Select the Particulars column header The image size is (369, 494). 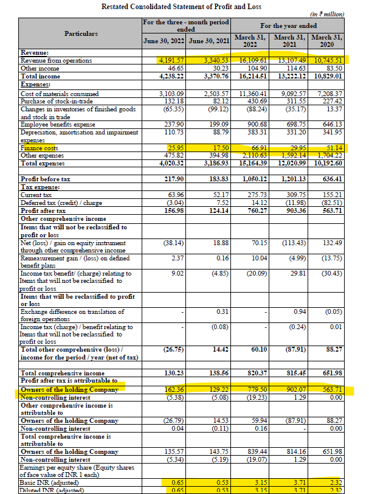(81, 33)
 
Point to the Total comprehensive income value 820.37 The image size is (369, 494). (250, 373)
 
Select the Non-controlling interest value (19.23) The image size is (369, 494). (249, 396)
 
